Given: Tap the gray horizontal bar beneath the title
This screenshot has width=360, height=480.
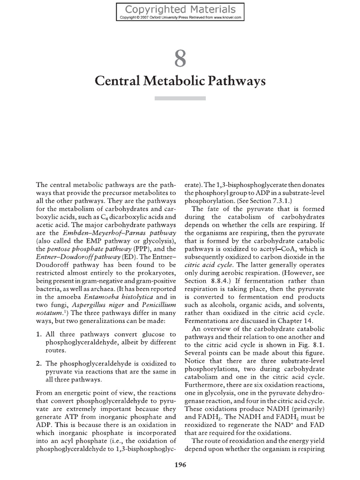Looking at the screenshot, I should (180, 98).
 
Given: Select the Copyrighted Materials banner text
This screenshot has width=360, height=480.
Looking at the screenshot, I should (180, 9).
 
